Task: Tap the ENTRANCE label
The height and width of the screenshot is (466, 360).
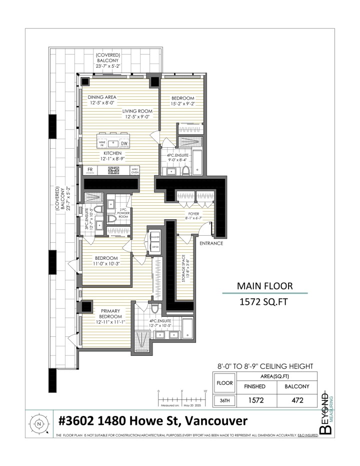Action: click(211, 243)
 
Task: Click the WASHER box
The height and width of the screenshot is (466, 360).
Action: click(154, 238)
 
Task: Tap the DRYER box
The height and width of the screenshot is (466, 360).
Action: click(154, 247)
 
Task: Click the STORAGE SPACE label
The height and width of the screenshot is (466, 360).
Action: click(185, 271)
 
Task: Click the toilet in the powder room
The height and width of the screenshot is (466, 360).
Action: click(112, 218)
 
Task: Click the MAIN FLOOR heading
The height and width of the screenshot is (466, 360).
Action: click(264, 286)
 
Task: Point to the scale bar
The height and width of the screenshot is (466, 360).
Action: click(181, 396)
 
